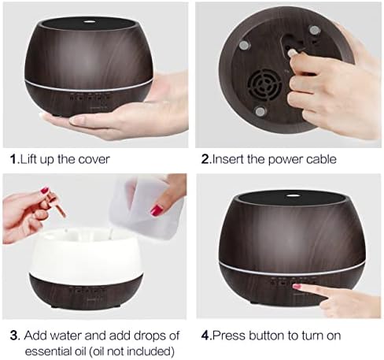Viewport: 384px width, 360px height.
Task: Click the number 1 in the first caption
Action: [x=13, y=159]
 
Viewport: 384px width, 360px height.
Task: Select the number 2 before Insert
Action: [x=205, y=159]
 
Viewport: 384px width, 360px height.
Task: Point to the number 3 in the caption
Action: [x=14, y=336]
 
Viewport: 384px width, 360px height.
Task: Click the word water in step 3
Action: [x=65, y=336]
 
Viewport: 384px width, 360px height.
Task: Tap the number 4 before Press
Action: [x=205, y=336]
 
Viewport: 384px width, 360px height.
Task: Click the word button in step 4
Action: [x=266, y=336]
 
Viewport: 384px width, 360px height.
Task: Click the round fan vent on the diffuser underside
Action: [x=264, y=84]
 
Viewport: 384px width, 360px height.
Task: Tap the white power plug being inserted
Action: [x=291, y=53]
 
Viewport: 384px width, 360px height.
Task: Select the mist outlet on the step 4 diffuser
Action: [x=291, y=195]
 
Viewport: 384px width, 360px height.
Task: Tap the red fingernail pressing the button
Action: [x=297, y=286]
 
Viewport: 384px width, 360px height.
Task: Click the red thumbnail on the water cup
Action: [x=157, y=210]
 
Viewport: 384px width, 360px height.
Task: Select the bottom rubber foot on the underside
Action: [x=260, y=112]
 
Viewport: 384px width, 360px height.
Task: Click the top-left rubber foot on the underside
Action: [x=244, y=45]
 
